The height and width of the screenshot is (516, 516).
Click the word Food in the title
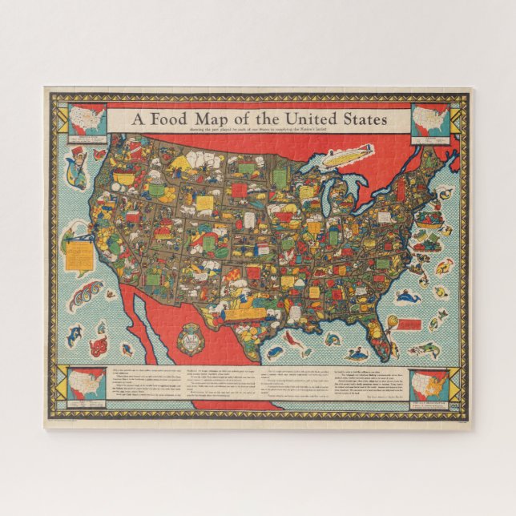point(169,119)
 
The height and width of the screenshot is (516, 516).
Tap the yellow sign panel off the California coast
point(77,255)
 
